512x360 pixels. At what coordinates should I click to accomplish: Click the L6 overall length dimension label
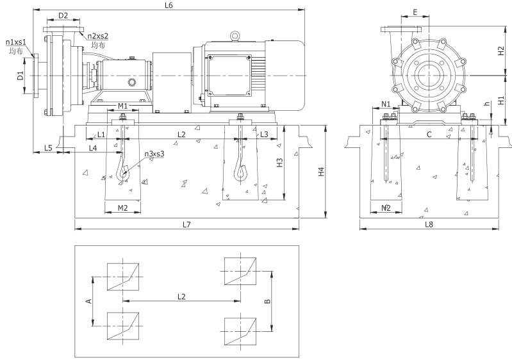pyautogui.click(x=169, y=5)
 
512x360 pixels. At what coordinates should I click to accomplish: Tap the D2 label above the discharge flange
pyautogui.click(x=63, y=15)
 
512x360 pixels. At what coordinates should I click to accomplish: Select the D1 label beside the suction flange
pyautogui.click(x=21, y=76)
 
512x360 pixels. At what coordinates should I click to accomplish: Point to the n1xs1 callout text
pyautogui.click(x=16, y=42)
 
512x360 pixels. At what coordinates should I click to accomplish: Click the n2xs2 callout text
pyautogui.click(x=97, y=37)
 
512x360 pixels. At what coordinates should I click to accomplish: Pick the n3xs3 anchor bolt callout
pyautogui.click(x=154, y=154)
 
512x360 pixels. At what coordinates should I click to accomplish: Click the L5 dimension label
pyautogui.click(x=47, y=148)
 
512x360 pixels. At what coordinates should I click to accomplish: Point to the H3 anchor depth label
pyautogui.click(x=278, y=163)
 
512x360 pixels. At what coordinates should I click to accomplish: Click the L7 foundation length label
pyautogui.click(x=186, y=224)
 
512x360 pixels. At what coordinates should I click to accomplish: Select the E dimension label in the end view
pyautogui.click(x=415, y=12)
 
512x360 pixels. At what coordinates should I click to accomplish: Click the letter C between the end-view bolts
pyautogui.click(x=429, y=135)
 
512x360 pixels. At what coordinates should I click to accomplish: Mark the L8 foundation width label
pyautogui.click(x=429, y=224)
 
